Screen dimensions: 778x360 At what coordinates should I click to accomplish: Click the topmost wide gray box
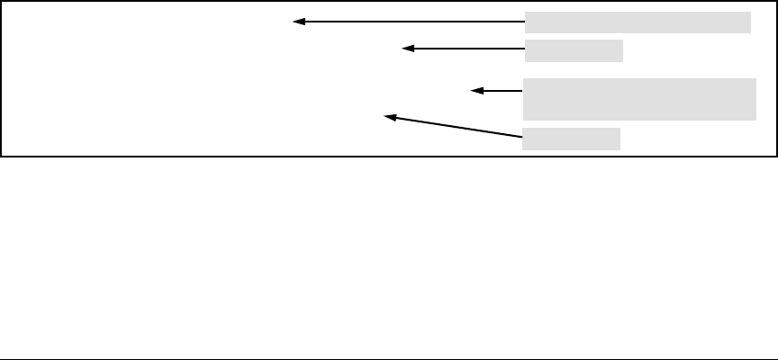[x=638, y=22]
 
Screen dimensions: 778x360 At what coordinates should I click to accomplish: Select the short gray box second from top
[x=574, y=50]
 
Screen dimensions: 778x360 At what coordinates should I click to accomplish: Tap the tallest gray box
[x=639, y=99]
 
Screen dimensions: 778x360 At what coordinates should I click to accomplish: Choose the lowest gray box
[x=572, y=139]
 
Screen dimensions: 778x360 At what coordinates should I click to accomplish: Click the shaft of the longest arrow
[x=414, y=22]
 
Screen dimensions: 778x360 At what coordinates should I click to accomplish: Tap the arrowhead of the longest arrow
[x=298, y=22]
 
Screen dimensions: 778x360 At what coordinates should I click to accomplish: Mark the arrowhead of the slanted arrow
[x=390, y=115]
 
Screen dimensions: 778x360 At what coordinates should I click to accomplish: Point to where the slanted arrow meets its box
[x=523, y=136]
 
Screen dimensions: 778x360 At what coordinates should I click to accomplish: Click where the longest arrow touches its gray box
[x=524, y=22]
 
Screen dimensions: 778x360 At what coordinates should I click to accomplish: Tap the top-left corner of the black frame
[x=2, y=3]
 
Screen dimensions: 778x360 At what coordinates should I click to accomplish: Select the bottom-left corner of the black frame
[x=2, y=156]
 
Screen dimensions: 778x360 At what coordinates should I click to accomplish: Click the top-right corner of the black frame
[x=775, y=3]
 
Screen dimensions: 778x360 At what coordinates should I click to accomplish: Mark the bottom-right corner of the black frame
[x=775, y=156]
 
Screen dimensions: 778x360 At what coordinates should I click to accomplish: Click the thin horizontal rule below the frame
[x=389, y=358]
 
